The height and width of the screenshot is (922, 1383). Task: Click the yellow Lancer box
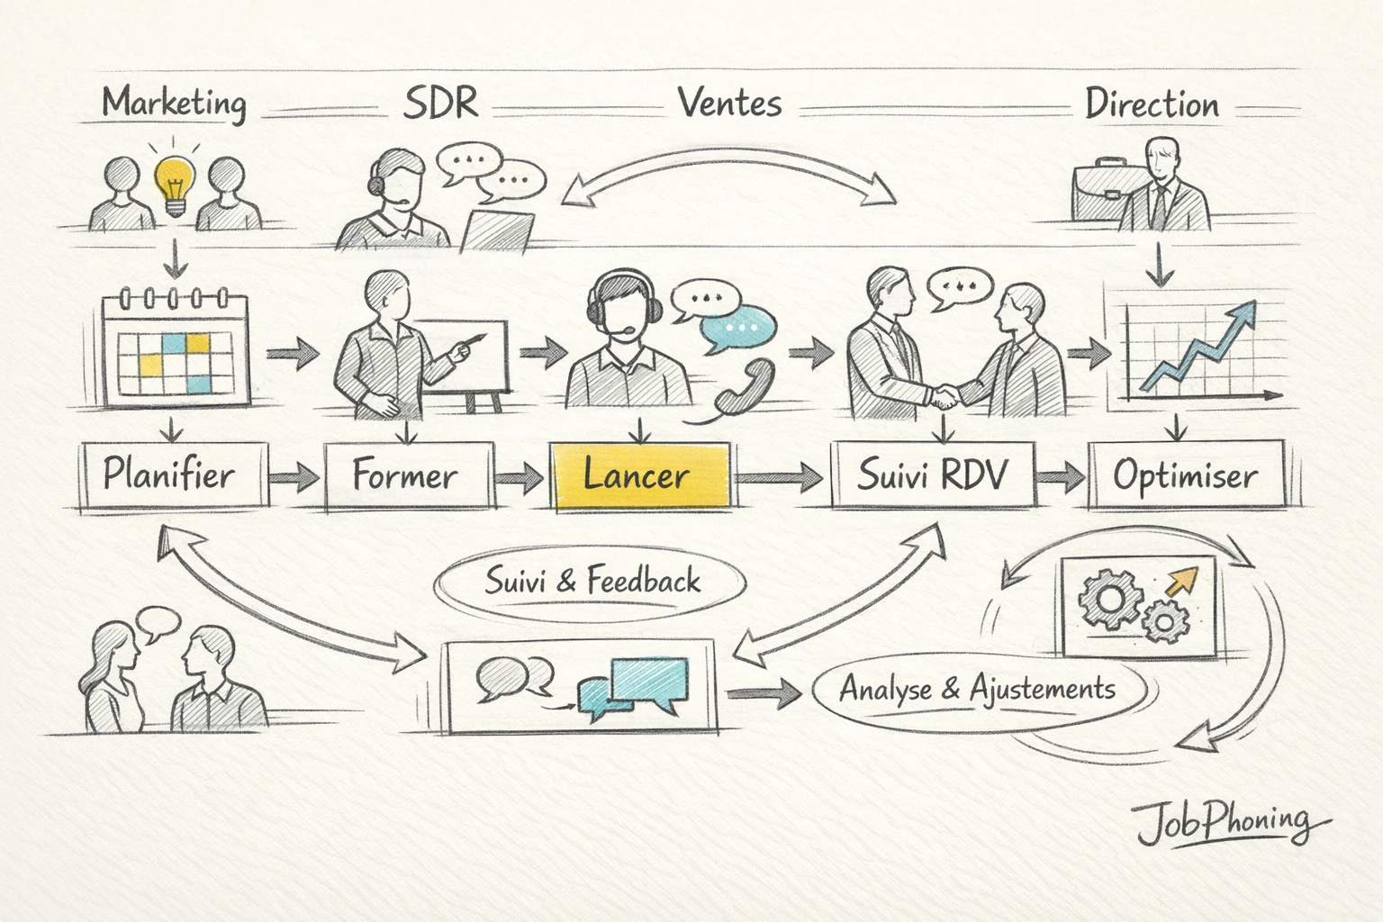(x=639, y=475)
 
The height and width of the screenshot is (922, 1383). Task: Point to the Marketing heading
(x=174, y=103)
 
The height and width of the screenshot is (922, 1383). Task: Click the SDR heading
(x=439, y=103)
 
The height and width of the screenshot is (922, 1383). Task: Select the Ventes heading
(x=729, y=103)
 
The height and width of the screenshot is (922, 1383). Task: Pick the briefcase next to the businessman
(x=1098, y=189)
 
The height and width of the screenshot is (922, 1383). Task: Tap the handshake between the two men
(x=944, y=394)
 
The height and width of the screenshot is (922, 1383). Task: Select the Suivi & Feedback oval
(x=591, y=582)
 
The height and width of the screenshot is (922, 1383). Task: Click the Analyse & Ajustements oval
(x=978, y=690)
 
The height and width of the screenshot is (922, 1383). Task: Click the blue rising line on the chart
(x=1198, y=347)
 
